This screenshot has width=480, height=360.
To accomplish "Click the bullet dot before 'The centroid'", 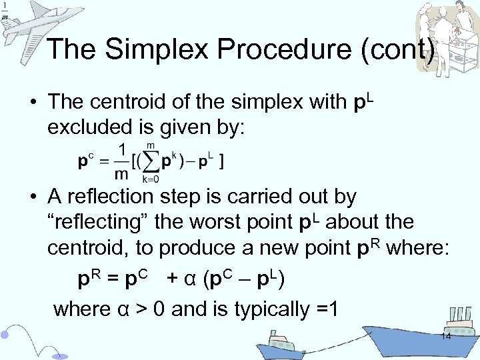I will [32, 103].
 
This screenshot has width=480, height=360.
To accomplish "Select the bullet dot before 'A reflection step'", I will [32, 197].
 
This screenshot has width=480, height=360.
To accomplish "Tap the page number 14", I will [446, 337].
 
